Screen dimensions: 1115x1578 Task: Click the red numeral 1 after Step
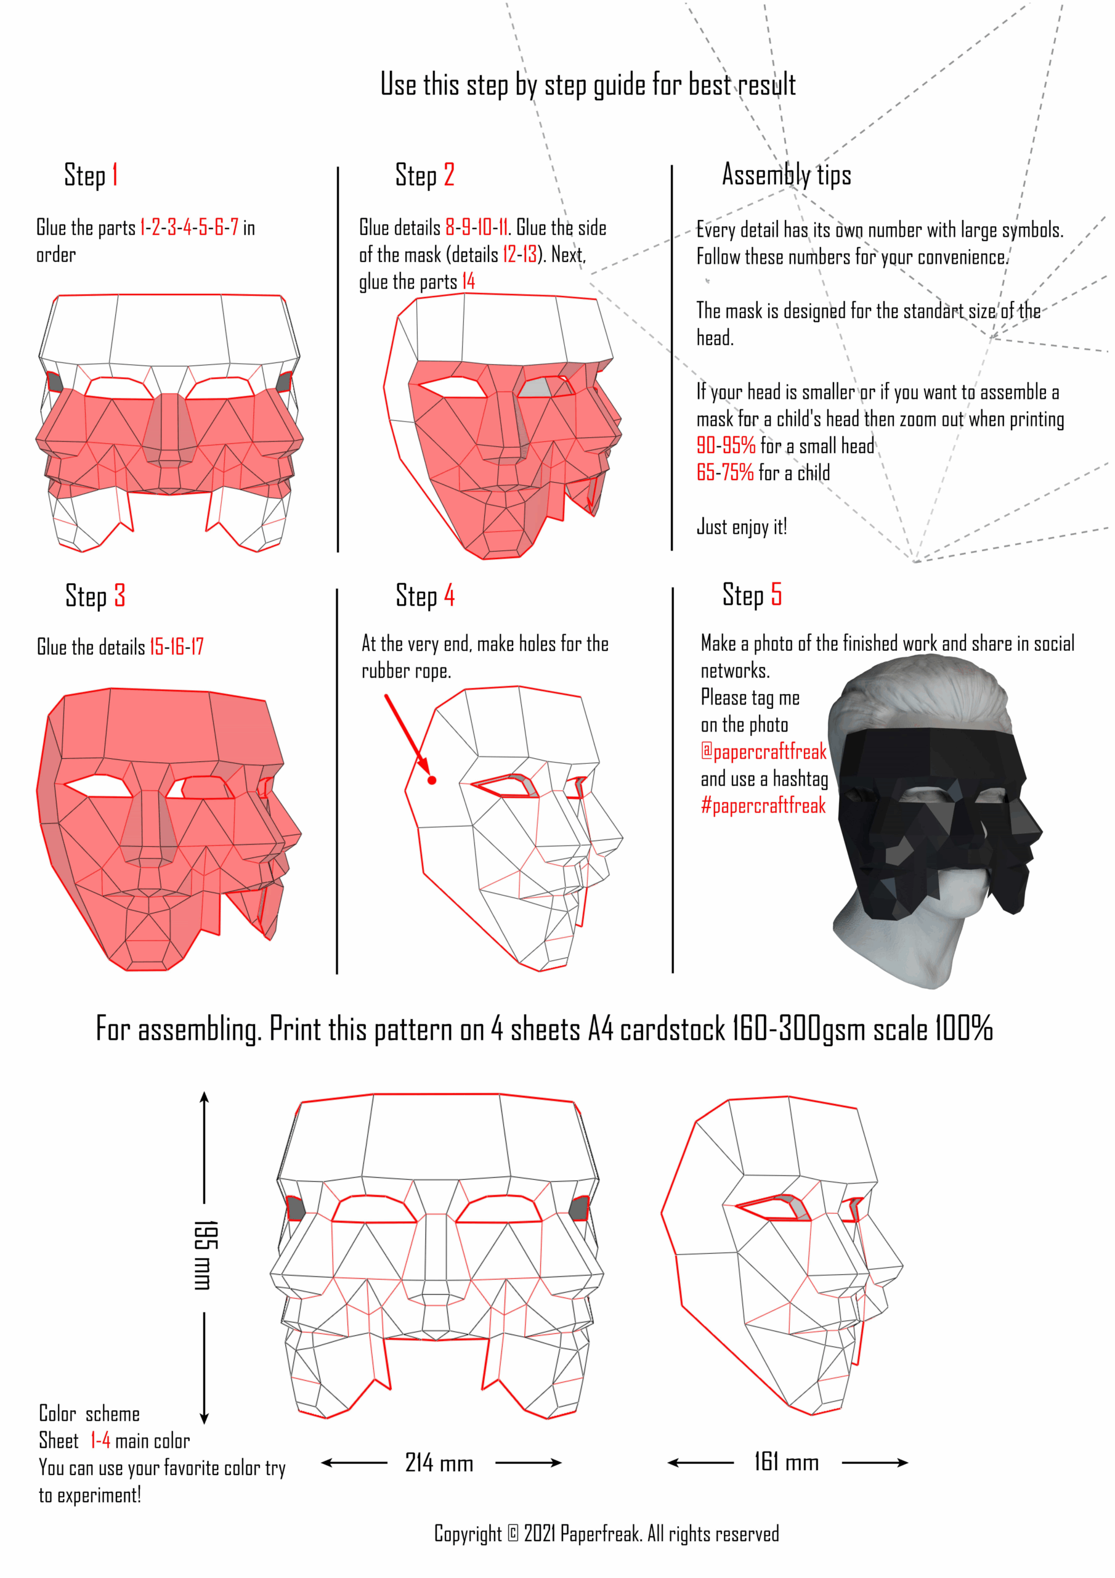(115, 174)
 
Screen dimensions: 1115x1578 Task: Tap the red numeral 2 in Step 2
(448, 174)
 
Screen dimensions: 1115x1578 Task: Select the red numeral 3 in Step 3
(120, 595)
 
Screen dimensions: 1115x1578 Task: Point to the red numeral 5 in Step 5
(776, 594)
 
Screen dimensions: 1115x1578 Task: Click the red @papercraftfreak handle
(763, 751)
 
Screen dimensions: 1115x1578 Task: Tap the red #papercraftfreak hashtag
(763, 805)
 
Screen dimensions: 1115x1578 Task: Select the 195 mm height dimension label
(205, 1255)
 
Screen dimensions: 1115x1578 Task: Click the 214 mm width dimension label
(439, 1463)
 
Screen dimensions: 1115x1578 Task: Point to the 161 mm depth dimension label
(787, 1462)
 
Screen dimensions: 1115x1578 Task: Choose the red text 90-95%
(726, 446)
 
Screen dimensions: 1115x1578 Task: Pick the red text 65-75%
(725, 472)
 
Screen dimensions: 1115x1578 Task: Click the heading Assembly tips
(787, 174)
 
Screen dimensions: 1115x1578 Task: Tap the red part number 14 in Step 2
(469, 281)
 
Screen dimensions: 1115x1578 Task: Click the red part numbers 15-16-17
(177, 646)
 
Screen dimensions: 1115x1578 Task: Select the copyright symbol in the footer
(513, 1534)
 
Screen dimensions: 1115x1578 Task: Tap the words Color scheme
(89, 1414)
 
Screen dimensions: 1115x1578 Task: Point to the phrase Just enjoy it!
(742, 526)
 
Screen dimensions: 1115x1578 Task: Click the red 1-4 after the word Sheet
(100, 1441)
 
